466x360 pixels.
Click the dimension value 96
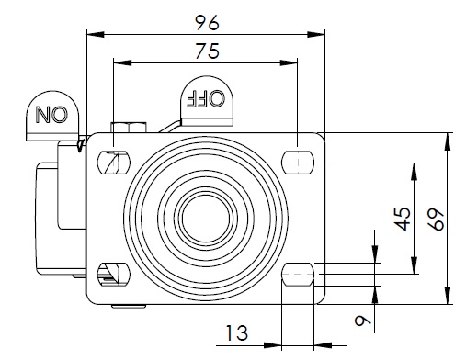point(207,23)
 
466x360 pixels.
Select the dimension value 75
point(208,51)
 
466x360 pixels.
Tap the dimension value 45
point(403,219)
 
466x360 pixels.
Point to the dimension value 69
point(436,219)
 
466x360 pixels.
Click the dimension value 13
point(237,332)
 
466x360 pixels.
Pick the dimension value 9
point(362,321)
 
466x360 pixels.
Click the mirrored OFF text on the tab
point(206,98)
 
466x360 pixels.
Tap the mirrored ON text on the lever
point(51,115)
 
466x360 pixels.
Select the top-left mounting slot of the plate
point(114,163)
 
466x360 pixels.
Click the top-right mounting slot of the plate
point(298,163)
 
